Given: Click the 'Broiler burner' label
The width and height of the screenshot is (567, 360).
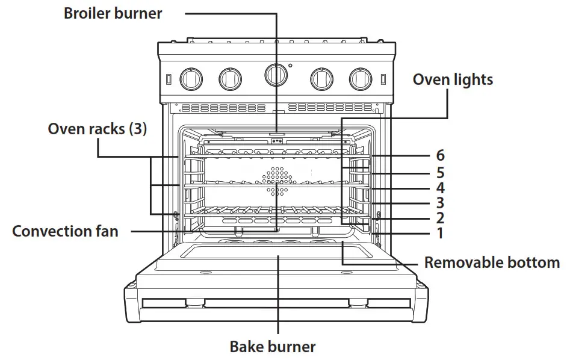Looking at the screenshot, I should (113, 14).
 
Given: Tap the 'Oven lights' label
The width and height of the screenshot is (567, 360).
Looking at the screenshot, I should (452, 79).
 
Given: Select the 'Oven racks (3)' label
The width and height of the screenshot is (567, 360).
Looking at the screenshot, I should (97, 129).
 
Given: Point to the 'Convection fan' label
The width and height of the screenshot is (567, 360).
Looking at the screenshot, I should (65, 231).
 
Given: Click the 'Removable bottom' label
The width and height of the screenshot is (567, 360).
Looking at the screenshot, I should (492, 262).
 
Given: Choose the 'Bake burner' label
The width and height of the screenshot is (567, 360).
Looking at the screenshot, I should (273, 347).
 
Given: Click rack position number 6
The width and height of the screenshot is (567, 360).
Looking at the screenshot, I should (440, 156).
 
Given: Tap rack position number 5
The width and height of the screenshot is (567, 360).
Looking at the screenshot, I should (440, 173).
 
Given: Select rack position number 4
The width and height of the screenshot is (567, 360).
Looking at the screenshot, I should (440, 188).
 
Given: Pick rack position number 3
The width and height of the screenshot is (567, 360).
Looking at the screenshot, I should (440, 203).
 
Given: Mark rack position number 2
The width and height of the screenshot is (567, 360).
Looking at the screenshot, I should (440, 218).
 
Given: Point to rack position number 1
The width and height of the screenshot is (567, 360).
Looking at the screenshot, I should (440, 233).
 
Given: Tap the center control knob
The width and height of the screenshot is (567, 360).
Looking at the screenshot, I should (275, 74).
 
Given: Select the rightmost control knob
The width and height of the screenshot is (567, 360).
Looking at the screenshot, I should (361, 77).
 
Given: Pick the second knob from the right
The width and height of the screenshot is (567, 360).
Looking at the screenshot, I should (321, 77).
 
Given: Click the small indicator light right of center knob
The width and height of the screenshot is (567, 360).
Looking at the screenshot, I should (290, 65).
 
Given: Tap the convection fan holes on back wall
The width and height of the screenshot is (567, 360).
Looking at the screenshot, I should (276, 181).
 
